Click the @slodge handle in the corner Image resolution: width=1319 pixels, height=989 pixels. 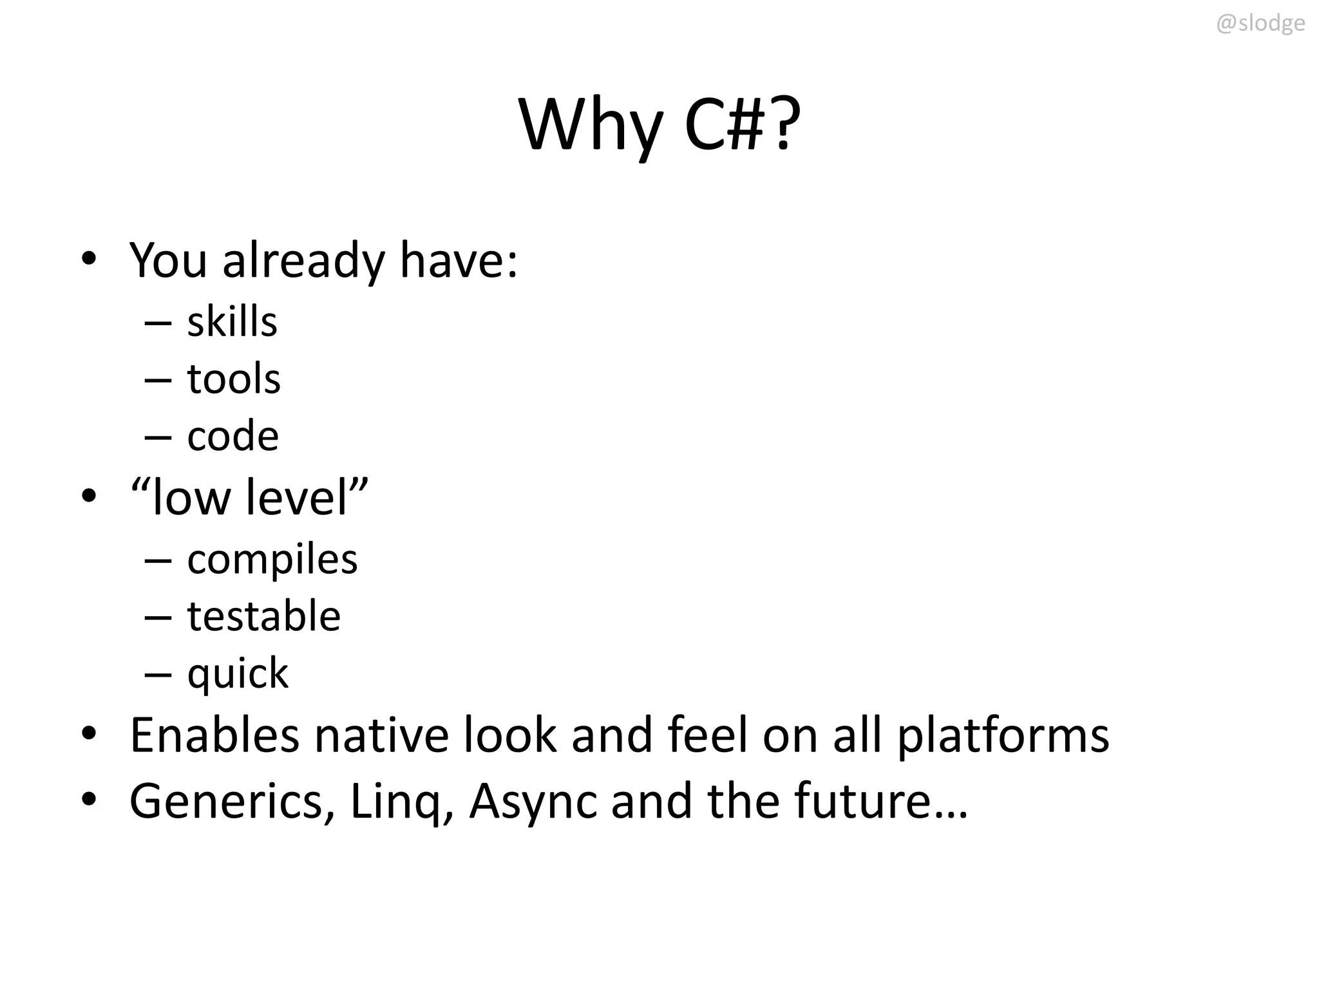[1260, 24]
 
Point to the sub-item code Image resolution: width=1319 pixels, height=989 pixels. [232, 436]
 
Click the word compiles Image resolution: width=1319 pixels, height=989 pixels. [272, 560]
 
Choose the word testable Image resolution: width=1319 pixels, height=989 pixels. [263, 616]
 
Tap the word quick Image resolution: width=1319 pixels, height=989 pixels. [238, 673]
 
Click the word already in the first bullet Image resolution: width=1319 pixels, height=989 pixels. [303, 261]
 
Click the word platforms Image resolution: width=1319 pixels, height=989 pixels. [1003, 736]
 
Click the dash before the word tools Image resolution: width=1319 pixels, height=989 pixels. [158, 380]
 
